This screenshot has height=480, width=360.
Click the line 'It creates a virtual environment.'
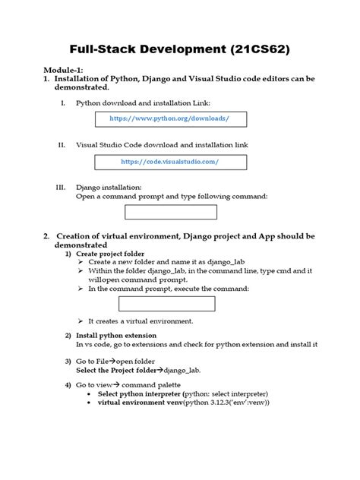pyautogui.click(x=140, y=321)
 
